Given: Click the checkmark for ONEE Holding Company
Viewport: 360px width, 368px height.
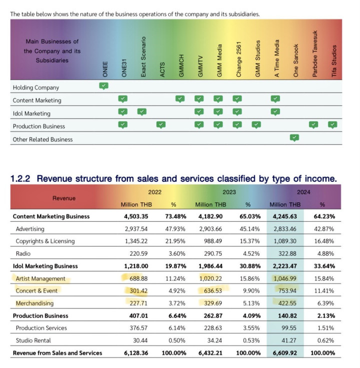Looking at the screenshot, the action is pos(103,86).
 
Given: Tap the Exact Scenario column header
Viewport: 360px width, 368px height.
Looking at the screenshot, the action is pos(143,57).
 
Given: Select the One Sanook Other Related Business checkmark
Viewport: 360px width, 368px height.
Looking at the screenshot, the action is pos(294,138).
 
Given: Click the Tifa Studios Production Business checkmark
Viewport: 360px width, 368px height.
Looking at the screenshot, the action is pos(332,125).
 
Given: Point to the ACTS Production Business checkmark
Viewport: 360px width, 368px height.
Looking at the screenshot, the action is pos(161,125).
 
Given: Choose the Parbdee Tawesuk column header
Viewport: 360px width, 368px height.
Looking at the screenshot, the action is pos(315,54).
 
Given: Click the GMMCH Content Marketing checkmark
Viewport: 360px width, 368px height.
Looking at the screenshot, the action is pos(180,99).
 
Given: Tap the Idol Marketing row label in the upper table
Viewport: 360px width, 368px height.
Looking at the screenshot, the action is pos(31,114).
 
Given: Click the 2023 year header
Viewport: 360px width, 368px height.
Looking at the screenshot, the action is pos(229,192).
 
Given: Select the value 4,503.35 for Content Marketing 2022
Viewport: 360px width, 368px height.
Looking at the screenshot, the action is pos(136,216).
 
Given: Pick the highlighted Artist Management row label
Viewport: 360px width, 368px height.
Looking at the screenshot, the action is pos(40,278).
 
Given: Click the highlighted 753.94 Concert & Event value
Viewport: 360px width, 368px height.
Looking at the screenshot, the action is pos(287,291).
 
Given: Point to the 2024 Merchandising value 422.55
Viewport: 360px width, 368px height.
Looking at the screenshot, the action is pos(287,303).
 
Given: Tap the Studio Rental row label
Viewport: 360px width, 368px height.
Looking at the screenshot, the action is pos(33,340).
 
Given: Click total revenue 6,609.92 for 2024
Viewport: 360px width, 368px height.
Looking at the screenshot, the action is pos(285,353).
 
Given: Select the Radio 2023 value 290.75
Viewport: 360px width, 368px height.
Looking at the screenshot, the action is pos(213,254).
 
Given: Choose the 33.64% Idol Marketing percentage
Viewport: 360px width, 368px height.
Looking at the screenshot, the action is pos(324,266).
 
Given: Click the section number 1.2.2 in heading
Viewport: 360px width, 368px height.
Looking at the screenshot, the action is pos(20,179).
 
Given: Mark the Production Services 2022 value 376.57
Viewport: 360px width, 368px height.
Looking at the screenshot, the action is pos(138,328).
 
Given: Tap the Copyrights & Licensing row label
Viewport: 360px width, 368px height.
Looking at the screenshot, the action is pos(45,241).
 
